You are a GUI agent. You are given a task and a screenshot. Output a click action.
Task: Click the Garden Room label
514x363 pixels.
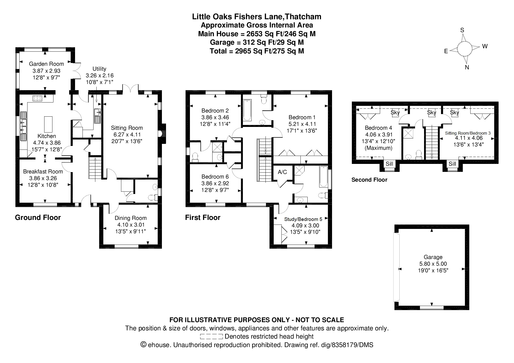(x=46, y=64)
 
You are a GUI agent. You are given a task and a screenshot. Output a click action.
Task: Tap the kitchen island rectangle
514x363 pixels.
(x=48, y=124)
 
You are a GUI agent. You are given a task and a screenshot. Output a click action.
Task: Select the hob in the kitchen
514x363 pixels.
(x=38, y=98)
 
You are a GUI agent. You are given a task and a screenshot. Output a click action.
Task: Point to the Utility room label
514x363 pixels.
(x=99, y=69)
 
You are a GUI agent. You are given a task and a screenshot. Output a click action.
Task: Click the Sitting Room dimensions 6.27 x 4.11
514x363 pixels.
(x=127, y=135)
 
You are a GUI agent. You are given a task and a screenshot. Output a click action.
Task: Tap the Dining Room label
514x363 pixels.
(x=131, y=218)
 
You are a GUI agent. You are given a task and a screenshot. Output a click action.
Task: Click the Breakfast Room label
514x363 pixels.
(x=43, y=172)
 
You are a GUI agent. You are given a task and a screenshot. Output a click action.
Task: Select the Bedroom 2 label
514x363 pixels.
(x=215, y=111)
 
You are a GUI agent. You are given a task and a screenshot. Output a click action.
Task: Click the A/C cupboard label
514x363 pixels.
(x=282, y=172)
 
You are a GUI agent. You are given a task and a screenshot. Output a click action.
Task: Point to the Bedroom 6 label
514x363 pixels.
(x=215, y=177)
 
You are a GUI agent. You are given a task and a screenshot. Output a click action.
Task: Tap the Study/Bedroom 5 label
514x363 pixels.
(x=303, y=219)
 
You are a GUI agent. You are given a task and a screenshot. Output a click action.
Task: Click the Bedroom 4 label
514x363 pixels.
(x=379, y=128)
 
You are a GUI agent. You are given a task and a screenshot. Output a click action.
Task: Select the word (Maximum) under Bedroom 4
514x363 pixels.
(x=379, y=148)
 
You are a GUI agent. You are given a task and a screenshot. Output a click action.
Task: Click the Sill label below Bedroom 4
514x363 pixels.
(x=390, y=164)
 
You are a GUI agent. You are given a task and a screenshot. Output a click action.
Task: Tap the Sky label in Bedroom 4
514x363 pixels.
(x=395, y=113)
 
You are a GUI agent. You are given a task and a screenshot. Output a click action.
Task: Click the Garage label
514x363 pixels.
(x=433, y=257)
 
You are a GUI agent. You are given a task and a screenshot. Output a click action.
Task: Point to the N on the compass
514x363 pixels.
(x=467, y=67)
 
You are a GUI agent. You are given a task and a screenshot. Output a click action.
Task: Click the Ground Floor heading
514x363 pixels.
(x=38, y=218)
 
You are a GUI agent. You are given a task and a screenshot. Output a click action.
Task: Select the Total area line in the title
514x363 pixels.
(x=257, y=51)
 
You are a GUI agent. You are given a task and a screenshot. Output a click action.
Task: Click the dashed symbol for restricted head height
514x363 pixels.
(x=211, y=337)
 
